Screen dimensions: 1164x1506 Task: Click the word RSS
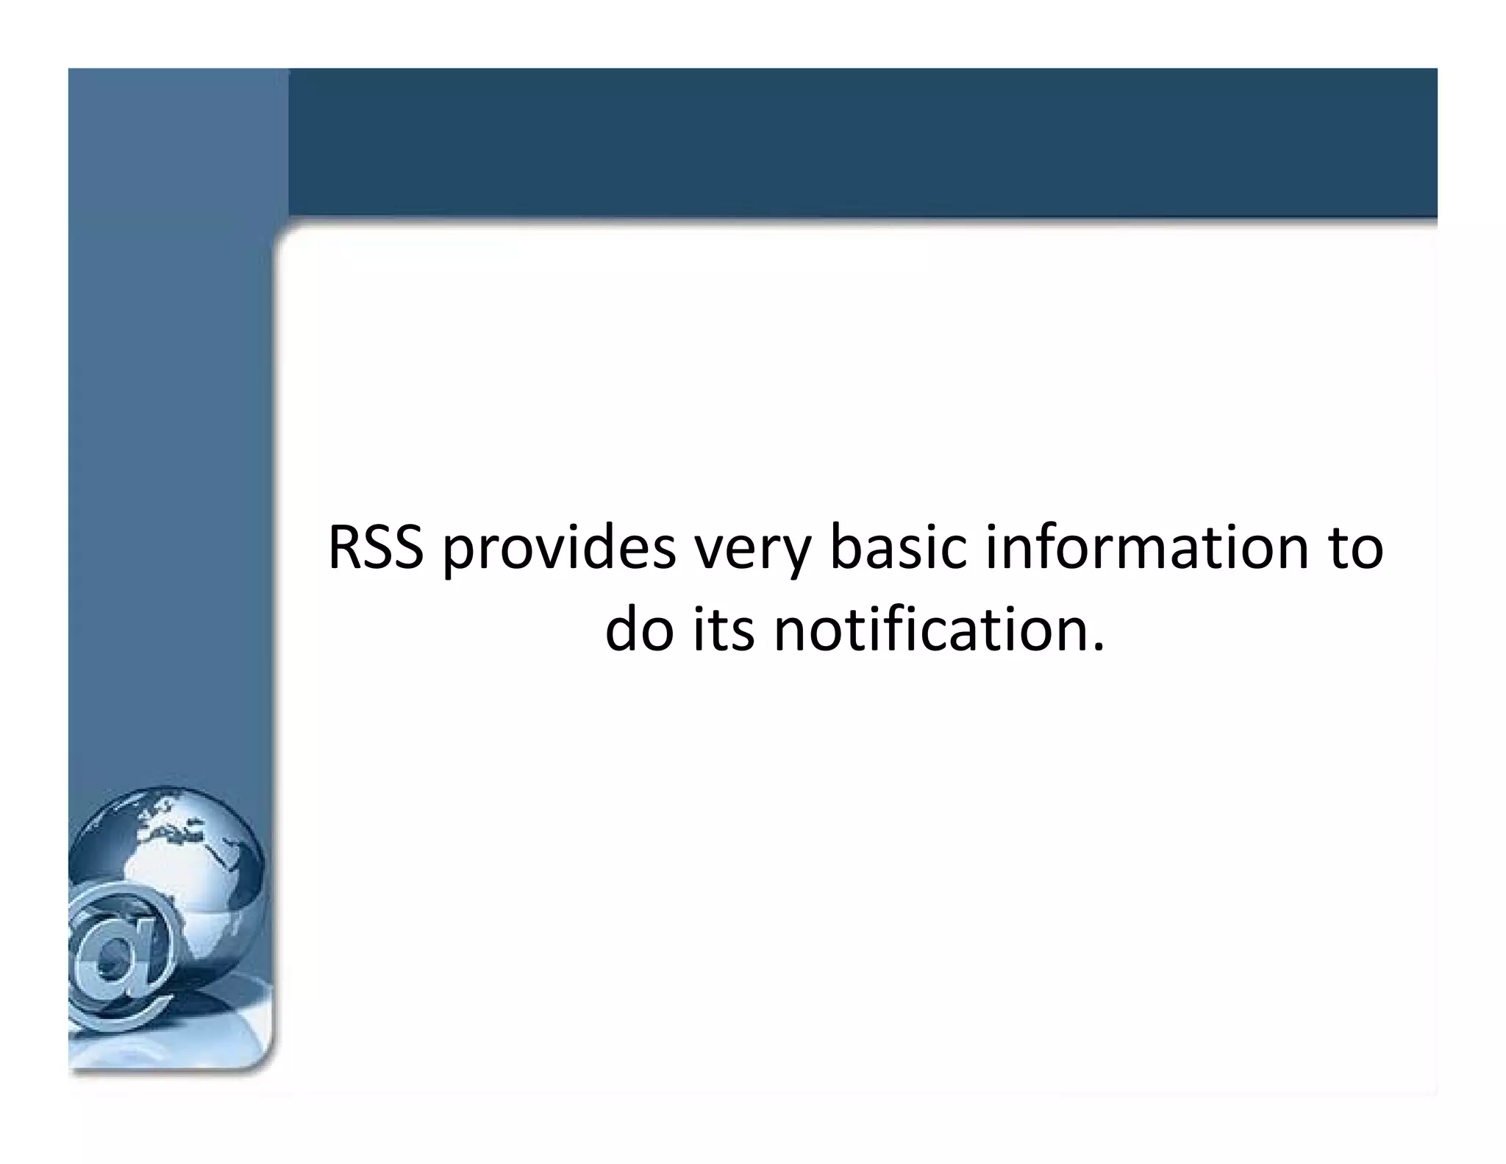click(376, 548)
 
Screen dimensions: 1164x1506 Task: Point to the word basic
click(896, 548)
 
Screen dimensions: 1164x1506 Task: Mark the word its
click(724, 631)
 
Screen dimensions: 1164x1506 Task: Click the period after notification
click(1099, 648)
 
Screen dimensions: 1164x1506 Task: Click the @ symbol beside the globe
click(121, 957)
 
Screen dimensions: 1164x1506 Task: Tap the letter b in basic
click(845, 548)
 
